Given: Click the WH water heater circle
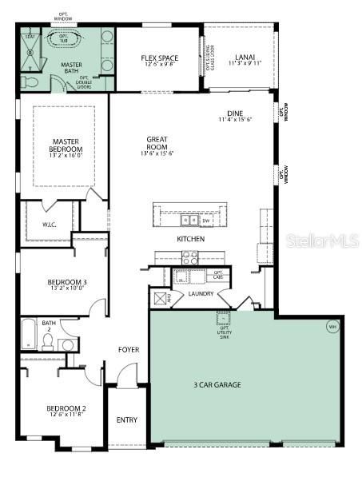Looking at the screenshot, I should pyautogui.click(x=332, y=326).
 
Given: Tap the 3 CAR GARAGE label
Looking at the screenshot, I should pyautogui.click(x=217, y=384).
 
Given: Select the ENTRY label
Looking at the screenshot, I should pyautogui.click(x=127, y=419).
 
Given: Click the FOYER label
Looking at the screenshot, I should pyautogui.click(x=129, y=349).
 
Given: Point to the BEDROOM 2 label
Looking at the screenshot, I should pyautogui.click(x=66, y=411).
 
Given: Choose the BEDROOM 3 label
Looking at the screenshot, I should pyautogui.click(x=67, y=282).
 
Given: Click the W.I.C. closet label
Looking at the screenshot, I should pyautogui.click(x=49, y=225).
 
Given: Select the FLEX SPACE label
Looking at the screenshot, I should pyautogui.click(x=159, y=58).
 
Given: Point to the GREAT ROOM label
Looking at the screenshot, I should pyautogui.click(x=157, y=144).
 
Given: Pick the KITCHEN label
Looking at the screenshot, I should pyautogui.click(x=191, y=239).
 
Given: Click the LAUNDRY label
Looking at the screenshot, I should pyautogui.click(x=201, y=294).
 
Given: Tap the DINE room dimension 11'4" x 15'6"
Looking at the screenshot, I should pyautogui.click(x=235, y=119).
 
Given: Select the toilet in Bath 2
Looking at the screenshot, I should pyautogui.click(x=47, y=342).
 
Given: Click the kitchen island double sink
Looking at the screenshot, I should pyautogui.click(x=190, y=220).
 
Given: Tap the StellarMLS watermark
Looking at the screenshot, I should pyautogui.click(x=322, y=240).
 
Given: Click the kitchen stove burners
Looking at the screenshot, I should pyautogui.click(x=190, y=257).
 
